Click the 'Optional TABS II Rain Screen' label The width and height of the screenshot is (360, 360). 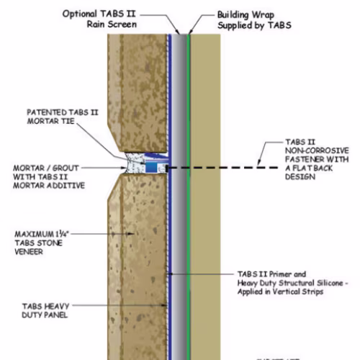pyautogui.click(x=99, y=19)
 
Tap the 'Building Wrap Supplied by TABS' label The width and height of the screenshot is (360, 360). pyautogui.click(x=254, y=20)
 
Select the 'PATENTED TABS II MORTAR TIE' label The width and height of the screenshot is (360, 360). pyautogui.click(x=63, y=117)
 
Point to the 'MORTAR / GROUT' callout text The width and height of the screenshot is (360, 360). pyautogui.click(x=46, y=168)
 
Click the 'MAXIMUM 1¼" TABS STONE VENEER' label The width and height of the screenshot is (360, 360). pyautogui.click(x=42, y=243)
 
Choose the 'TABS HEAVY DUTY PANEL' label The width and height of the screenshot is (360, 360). pyautogui.click(x=45, y=310)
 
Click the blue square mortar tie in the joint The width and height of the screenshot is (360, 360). pyautogui.click(x=151, y=167)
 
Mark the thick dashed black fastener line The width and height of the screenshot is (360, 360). pyautogui.click(x=222, y=168)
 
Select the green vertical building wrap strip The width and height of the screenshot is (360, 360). pyautogui.click(x=189, y=197)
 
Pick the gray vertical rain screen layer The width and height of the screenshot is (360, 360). pyautogui.click(x=179, y=197)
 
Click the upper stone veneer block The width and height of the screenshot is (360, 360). pyautogui.click(x=138, y=93)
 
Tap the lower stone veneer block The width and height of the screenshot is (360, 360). pyautogui.click(x=138, y=267)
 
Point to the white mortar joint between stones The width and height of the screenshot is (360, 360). pyautogui.click(x=135, y=163)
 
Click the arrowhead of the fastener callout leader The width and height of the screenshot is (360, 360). pyautogui.click(x=258, y=163)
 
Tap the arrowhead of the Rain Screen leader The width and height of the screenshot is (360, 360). pyautogui.click(x=178, y=32)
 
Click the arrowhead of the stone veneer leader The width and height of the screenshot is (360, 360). pyautogui.click(x=131, y=233)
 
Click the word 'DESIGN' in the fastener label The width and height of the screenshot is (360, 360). pyautogui.click(x=300, y=177)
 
